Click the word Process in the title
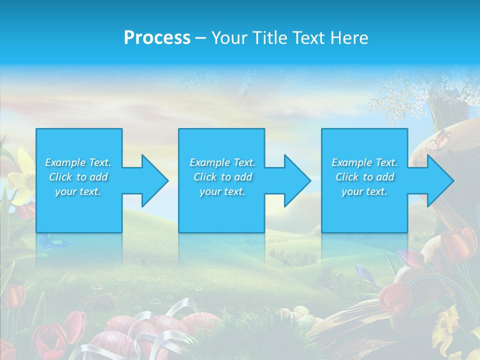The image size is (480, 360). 157,38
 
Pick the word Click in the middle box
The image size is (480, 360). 205,177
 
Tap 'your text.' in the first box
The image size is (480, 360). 78,191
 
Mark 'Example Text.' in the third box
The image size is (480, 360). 364,162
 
